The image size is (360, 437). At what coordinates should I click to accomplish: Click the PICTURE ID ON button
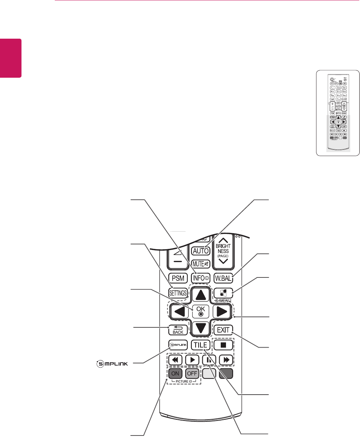175,374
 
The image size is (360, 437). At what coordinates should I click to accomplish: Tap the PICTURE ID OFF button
192,374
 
